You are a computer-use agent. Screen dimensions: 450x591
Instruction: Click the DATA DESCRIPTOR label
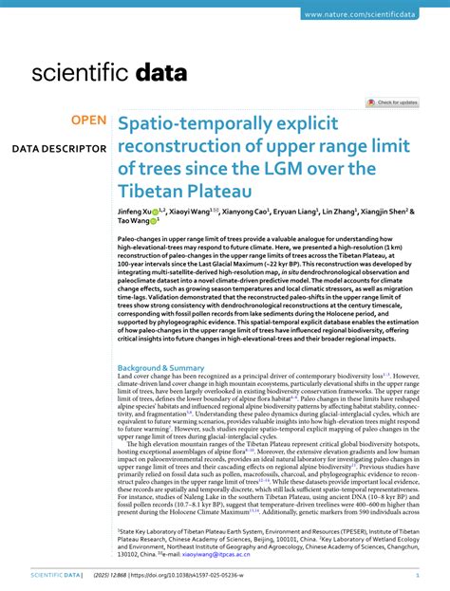click(x=59, y=149)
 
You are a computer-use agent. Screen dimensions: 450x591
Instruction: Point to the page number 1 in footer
click(x=418, y=575)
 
